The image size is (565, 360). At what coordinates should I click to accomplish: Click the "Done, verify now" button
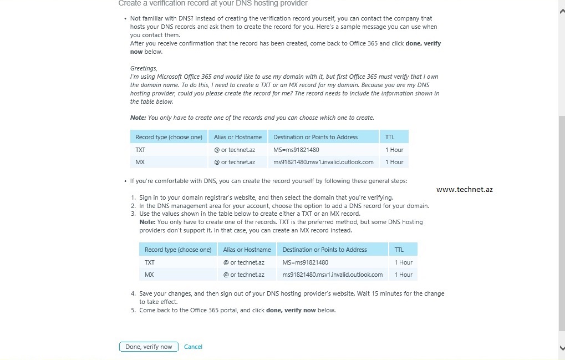pyautogui.click(x=149, y=347)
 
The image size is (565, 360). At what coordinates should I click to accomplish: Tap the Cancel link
pyautogui.click(x=193, y=347)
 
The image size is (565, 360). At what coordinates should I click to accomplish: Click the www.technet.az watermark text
pyautogui.click(x=464, y=189)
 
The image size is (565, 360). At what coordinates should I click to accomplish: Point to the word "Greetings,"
pyautogui.click(x=144, y=68)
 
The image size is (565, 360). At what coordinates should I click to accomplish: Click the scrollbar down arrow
pyautogui.click(x=561, y=347)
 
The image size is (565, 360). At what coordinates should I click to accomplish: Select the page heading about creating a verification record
pyautogui.click(x=213, y=3)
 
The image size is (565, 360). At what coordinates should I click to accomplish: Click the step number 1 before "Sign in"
pyautogui.click(x=133, y=197)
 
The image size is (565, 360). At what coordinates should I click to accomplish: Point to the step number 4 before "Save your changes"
pyautogui.click(x=133, y=293)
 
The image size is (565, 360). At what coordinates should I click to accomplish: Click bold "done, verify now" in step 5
pyautogui.click(x=291, y=310)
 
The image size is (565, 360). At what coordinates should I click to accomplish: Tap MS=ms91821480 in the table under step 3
pyautogui.click(x=305, y=262)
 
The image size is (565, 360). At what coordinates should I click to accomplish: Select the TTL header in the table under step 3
pyautogui.click(x=399, y=250)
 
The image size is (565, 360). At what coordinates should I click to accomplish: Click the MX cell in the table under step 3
pyautogui.click(x=149, y=275)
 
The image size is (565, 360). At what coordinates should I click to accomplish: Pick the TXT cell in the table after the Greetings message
pyautogui.click(x=140, y=150)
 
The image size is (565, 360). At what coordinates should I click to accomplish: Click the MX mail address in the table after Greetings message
pyautogui.click(x=323, y=162)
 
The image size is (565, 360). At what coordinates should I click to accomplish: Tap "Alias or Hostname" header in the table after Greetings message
pyautogui.click(x=238, y=137)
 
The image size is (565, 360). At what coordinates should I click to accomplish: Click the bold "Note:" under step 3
pyautogui.click(x=147, y=222)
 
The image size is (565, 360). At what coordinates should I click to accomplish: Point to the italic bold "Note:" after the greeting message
pyautogui.click(x=138, y=118)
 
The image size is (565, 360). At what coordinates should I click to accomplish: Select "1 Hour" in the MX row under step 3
pyautogui.click(x=403, y=275)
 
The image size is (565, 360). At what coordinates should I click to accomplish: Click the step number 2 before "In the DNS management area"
pyautogui.click(x=133, y=206)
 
